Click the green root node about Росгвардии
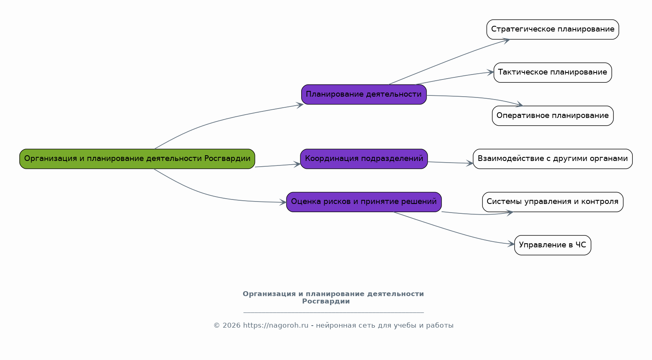point(137,159)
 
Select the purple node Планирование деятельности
point(364,95)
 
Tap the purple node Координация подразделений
point(364,159)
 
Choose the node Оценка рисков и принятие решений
point(364,202)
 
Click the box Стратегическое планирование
point(553,29)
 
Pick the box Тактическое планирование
point(553,72)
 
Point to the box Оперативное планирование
point(553,116)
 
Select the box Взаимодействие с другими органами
point(553,159)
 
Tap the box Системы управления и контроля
point(553,202)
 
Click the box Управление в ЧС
point(553,245)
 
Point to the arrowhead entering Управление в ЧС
point(512,245)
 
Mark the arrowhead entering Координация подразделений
point(298,164)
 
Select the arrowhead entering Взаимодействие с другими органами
point(470,163)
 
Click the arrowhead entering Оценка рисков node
point(283,202)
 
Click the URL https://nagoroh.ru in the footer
point(275,326)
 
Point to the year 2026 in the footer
point(232,326)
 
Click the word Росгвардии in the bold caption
point(326,302)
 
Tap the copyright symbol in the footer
point(217,326)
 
